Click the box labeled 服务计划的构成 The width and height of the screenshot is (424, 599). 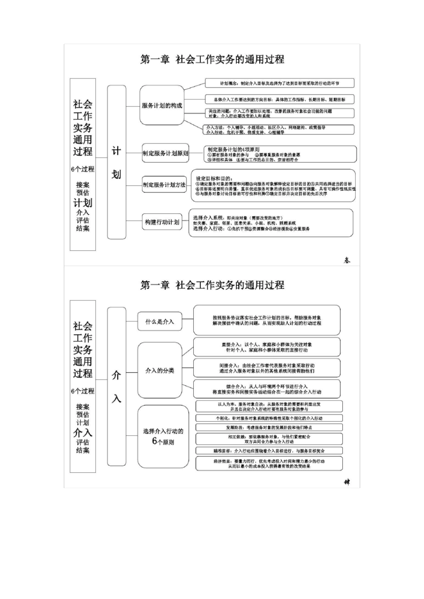click(162, 106)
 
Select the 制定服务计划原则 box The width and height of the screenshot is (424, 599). click(166, 153)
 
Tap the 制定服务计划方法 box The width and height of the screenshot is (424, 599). click(164, 185)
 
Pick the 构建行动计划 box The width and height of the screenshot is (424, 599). click(162, 222)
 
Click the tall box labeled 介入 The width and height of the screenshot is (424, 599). click(116, 386)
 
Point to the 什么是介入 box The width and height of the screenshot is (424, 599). click(160, 321)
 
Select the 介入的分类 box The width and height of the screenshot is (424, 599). click(160, 370)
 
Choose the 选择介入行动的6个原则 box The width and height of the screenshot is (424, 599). click(163, 436)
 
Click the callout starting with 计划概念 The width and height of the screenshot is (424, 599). click(279, 83)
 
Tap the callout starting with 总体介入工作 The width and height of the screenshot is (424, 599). click(279, 99)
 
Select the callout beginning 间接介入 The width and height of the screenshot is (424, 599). click(266, 368)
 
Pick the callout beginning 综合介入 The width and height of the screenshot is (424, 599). click(266, 389)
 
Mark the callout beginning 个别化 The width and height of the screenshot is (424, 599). click(269, 418)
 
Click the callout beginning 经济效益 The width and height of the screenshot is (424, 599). click(269, 464)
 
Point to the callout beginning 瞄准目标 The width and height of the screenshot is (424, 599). click(269, 451)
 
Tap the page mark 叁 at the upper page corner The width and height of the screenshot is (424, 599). click(347, 260)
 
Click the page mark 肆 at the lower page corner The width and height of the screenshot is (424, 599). click(347, 482)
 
